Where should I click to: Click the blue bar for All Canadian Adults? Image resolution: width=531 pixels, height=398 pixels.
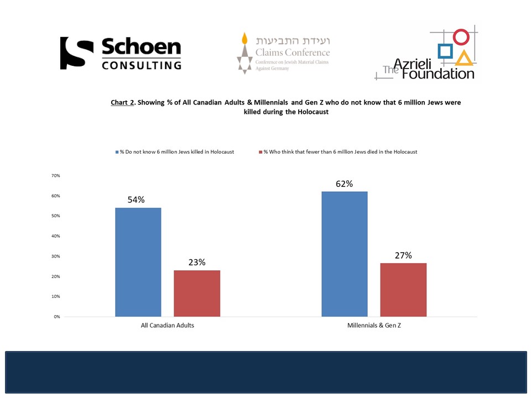coord(138,262)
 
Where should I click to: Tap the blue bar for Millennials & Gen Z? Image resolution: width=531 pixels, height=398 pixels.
coord(344,254)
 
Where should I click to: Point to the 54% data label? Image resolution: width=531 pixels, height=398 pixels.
coord(136,200)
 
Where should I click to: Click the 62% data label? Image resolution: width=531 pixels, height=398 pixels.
coord(344,184)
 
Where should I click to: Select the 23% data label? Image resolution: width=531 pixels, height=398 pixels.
coord(196,262)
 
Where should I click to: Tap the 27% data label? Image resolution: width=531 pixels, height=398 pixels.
coord(403,255)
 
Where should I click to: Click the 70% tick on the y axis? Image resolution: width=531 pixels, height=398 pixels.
coord(55,176)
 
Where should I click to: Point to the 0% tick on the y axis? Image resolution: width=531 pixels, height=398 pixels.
coord(56,317)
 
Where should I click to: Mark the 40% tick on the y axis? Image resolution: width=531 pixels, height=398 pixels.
coord(55,236)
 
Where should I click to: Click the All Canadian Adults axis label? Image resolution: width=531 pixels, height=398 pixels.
coord(167,326)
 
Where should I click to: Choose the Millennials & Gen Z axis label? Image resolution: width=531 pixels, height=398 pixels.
coord(374,326)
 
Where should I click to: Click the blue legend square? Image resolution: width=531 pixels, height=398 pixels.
coord(117,152)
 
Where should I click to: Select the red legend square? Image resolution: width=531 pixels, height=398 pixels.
coord(260,152)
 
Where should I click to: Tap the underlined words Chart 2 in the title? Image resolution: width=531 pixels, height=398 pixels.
coord(122,103)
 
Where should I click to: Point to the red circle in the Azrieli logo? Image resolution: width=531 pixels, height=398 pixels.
coord(461,37)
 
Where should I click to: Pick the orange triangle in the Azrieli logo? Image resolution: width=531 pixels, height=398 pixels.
coord(464,57)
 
